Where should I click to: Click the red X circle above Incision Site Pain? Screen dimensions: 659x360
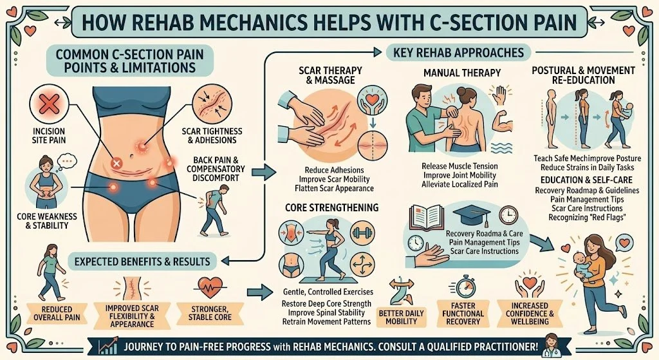48,105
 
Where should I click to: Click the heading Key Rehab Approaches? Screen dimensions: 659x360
458,53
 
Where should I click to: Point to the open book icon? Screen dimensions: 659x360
427,216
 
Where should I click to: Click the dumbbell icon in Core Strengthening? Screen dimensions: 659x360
362,233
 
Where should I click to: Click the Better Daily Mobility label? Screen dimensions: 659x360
401,317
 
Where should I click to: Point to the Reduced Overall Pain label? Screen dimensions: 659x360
57,314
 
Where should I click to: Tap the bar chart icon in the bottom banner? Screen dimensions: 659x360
108,346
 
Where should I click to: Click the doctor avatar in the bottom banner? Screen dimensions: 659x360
552,345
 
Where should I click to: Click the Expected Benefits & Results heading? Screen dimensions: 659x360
142,261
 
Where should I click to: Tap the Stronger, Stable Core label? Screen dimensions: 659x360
210,314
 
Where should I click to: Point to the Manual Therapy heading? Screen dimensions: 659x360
462,73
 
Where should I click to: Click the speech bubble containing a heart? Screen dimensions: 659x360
624,243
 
